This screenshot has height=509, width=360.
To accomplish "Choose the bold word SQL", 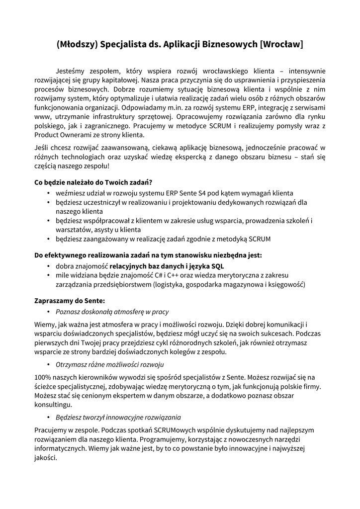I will [x=217, y=266].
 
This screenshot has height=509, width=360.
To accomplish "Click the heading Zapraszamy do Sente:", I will [x=70, y=301].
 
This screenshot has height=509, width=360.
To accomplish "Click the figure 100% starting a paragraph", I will [x=44, y=378].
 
